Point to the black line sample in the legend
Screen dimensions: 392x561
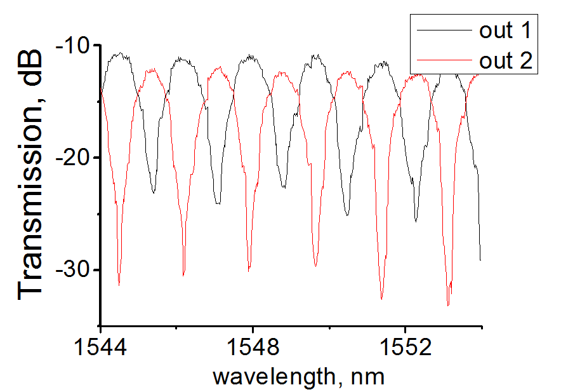(x=442, y=30)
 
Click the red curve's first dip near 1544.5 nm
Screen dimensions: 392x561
(x=119, y=284)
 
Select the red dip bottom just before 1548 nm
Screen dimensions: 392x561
(x=249, y=270)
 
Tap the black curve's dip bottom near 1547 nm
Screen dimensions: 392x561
(x=218, y=203)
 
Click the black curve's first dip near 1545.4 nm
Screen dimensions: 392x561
(x=154, y=192)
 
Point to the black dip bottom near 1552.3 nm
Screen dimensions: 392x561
(x=416, y=220)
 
